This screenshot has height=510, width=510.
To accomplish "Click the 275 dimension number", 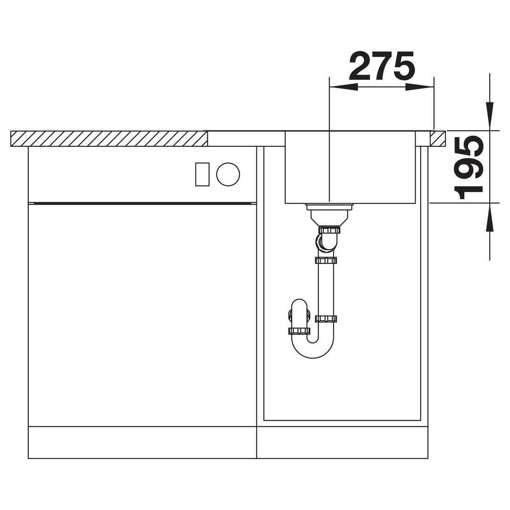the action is [x=382, y=66].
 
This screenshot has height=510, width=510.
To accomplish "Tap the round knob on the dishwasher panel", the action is [x=228, y=174].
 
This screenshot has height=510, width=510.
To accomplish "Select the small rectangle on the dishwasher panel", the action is [x=202, y=174].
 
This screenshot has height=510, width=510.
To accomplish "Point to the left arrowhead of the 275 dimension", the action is [x=343, y=87].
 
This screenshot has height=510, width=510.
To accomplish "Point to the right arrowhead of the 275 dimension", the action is [x=420, y=87].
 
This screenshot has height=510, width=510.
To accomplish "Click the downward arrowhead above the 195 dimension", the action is [x=490, y=116].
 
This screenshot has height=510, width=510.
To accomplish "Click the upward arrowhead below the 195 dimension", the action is [x=490, y=217].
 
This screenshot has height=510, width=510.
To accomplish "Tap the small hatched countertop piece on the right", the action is [x=438, y=138].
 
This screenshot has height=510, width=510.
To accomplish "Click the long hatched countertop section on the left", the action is [x=109, y=138].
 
